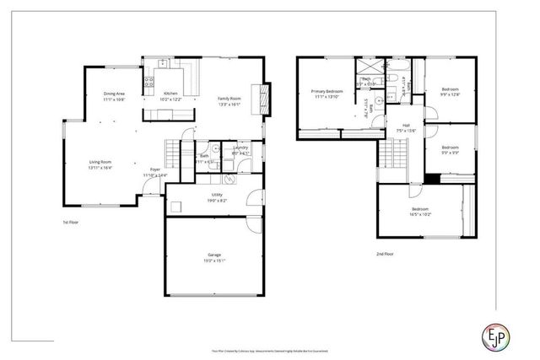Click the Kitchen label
170,93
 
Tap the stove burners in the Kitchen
149,83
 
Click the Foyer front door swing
152,187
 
